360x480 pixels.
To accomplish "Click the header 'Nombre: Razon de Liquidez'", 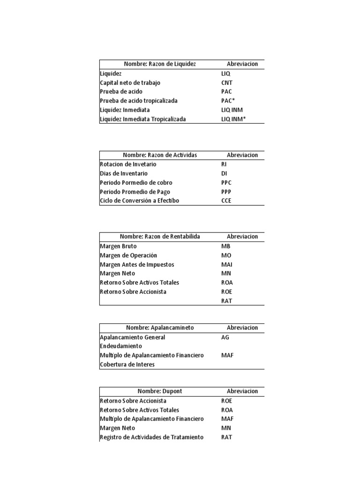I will tap(159, 64).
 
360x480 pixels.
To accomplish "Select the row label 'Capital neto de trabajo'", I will tap(130, 82).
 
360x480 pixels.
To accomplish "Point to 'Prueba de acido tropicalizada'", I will tap(139, 101).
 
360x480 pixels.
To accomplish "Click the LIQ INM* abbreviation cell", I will tap(233, 119).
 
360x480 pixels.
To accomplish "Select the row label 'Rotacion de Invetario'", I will tap(128, 164).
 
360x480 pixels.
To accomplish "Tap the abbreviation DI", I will tap(224, 173).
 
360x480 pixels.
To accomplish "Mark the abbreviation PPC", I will tap(226, 182).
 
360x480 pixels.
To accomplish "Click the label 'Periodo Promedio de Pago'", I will tap(135, 192).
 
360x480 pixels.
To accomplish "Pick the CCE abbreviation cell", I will tap(226, 201).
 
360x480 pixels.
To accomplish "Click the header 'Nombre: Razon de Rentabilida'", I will tap(159, 236).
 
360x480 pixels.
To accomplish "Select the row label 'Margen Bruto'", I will tap(119, 246).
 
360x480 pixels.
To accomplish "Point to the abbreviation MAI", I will tap(226, 264).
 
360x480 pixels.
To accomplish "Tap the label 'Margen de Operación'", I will tap(128, 255).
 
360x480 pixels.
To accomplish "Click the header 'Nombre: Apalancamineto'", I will tap(159, 328).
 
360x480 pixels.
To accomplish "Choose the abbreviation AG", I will tap(225, 337).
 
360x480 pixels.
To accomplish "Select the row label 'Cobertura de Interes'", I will tap(127, 364).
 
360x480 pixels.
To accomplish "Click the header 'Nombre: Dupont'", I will tap(159, 391).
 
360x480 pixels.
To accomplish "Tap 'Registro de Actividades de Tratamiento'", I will tap(151, 437).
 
